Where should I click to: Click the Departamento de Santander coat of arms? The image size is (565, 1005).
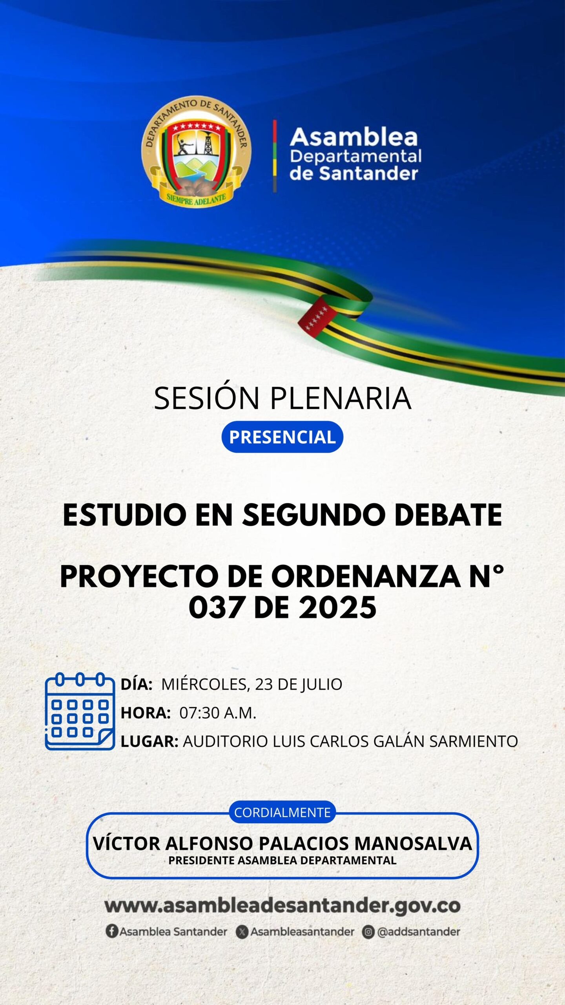click(x=196, y=152)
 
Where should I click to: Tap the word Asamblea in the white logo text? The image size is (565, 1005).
click(x=354, y=137)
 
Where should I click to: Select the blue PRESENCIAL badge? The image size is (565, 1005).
click(x=282, y=437)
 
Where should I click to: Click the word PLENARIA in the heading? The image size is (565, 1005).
click(x=341, y=398)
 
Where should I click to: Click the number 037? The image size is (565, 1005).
click(x=217, y=607)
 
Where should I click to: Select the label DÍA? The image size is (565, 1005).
click(x=137, y=684)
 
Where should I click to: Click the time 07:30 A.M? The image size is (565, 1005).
click(x=218, y=713)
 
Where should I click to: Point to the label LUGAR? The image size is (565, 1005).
click(x=149, y=742)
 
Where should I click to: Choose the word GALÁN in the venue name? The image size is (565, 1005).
click(x=399, y=741)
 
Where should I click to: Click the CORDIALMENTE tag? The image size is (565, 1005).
click(x=282, y=812)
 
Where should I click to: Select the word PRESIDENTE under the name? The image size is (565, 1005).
click(x=201, y=860)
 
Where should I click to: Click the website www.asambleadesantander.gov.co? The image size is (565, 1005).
click(x=282, y=906)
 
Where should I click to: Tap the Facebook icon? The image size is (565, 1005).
click(x=112, y=931)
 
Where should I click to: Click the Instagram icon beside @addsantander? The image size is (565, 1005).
click(x=368, y=932)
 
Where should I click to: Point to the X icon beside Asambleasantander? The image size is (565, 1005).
click(x=242, y=932)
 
